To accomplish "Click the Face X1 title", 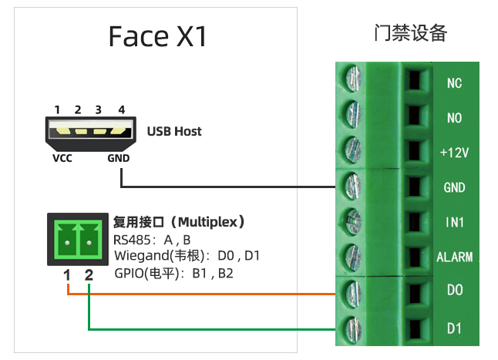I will tap(157, 36).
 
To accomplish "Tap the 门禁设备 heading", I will tap(409, 32).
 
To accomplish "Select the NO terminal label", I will tap(454, 118).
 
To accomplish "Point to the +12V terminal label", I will tap(454, 153).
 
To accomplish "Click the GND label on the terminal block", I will tap(454, 187).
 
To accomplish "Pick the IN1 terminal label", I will tap(454, 222).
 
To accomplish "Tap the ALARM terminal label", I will tap(454, 257).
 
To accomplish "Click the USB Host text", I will tap(174, 131).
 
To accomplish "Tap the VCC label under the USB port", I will tap(62, 159).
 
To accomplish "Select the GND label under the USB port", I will tap(118, 159).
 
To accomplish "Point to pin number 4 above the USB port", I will tap(121, 110).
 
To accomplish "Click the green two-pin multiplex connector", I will tap(77, 240).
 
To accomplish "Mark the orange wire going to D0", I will tap(208, 294).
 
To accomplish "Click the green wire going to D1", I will tap(208, 330).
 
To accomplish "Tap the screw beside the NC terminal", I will tap(353, 79).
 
